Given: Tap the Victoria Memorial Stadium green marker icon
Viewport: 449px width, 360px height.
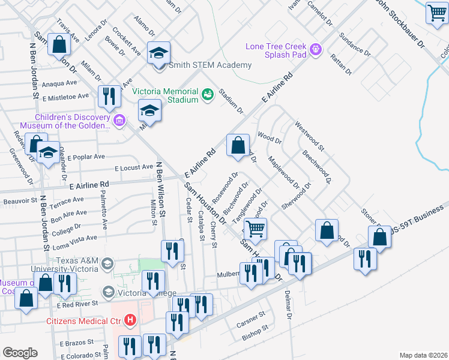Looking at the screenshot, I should (x=207, y=95).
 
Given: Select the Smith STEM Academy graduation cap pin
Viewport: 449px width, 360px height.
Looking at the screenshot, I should (x=159, y=53).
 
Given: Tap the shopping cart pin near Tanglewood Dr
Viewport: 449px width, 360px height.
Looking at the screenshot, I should (x=256, y=229).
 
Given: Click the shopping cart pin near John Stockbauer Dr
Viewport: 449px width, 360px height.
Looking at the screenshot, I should (x=436, y=13).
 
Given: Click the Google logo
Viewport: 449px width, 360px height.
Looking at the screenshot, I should (x=20, y=353).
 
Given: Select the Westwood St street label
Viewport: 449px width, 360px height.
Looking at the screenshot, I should (x=310, y=136).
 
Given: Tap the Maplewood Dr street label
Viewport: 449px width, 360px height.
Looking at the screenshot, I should (x=283, y=171).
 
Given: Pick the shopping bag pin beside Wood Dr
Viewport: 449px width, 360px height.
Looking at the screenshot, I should (x=238, y=145).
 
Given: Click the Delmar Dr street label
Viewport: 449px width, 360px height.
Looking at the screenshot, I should (x=288, y=306).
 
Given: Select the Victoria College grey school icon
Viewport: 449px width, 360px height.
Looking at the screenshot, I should (x=109, y=293).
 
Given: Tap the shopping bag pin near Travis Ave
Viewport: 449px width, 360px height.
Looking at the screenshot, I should (x=59, y=44).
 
